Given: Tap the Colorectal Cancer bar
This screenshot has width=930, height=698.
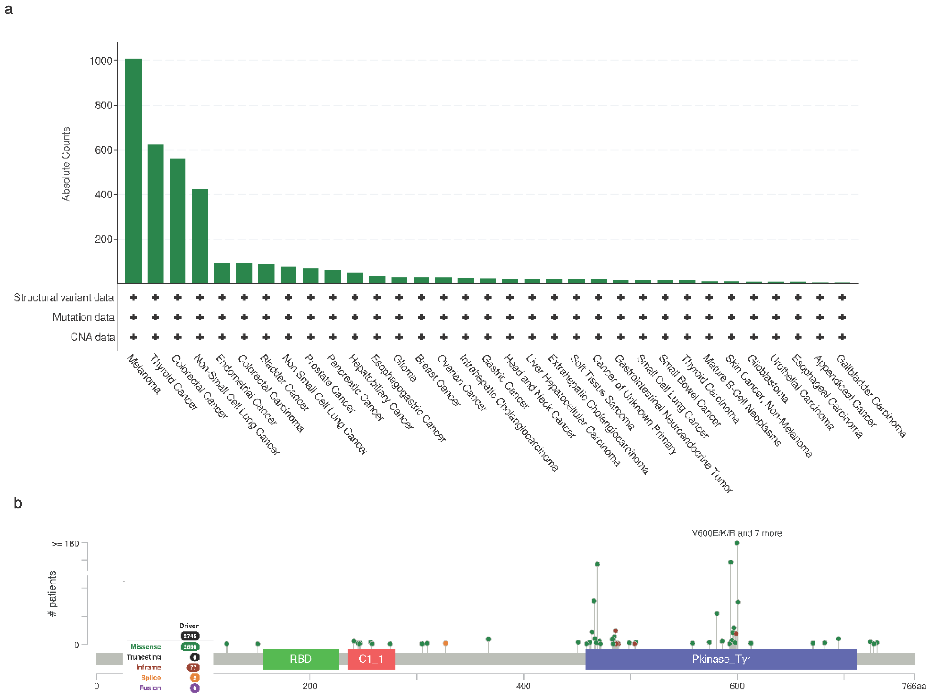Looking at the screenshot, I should [x=177, y=221].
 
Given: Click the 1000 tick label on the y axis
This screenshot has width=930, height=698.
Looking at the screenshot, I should [x=101, y=61].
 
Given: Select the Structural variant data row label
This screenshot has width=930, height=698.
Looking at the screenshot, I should [x=64, y=298].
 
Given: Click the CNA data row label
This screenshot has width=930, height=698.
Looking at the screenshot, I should [x=92, y=337].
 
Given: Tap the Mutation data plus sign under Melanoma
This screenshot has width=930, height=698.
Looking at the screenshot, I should [x=133, y=317].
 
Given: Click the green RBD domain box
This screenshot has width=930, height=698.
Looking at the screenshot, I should [x=301, y=659].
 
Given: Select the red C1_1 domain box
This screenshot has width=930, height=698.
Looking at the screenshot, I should [x=371, y=659].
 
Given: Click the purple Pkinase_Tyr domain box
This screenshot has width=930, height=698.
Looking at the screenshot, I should [x=721, y=659].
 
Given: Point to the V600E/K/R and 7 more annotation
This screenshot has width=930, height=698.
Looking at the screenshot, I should [x=737, y=533].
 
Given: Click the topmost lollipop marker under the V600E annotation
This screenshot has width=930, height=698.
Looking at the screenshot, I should [x=737, y=543].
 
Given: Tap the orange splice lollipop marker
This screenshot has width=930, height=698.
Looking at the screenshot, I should [x=445, y=643].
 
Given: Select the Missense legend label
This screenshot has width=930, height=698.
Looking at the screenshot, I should [x=145, y=646].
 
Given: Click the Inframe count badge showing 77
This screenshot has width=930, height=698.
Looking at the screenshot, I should [x=193, y=667].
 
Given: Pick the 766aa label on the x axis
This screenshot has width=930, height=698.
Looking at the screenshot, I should [x=914, y=686].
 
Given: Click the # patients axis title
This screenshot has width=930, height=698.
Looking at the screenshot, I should [x=52, y=593].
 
